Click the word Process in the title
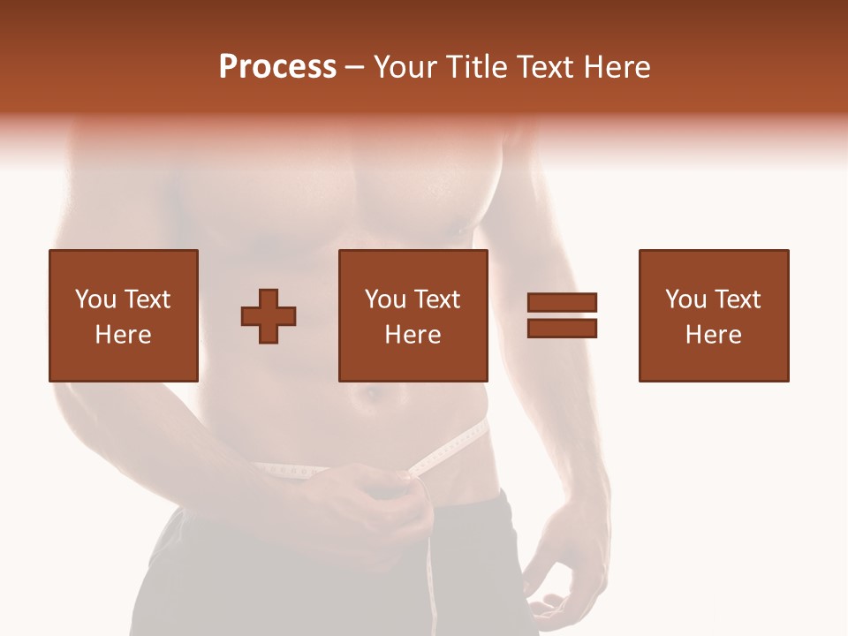(277, 67)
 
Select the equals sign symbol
(562, 315)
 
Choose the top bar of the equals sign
(562, 303)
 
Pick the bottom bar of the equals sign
(562, 328)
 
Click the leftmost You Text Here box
(124, 315)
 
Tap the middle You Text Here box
(413, 315)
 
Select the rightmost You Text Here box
(713, 315)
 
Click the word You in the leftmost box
(94, 299)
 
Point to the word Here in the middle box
(413, 335)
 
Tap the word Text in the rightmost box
(737, 299)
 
